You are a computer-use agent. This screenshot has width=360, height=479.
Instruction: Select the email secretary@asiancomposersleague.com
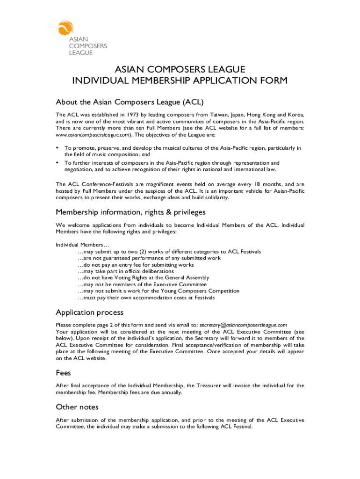point(243,325)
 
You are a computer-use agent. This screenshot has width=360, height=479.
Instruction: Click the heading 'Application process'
point(89,312)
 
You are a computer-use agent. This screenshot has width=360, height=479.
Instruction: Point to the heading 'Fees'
point(63,373)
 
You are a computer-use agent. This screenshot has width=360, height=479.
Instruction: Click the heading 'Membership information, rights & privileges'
point(130,212)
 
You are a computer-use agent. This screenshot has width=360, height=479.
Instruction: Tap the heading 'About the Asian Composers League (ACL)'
point(130,102)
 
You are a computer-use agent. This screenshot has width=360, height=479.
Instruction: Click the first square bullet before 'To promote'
point(57,148)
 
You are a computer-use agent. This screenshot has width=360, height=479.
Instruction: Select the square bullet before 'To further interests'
point(57,162)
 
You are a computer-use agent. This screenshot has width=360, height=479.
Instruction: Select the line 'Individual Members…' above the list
point(82,245)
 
